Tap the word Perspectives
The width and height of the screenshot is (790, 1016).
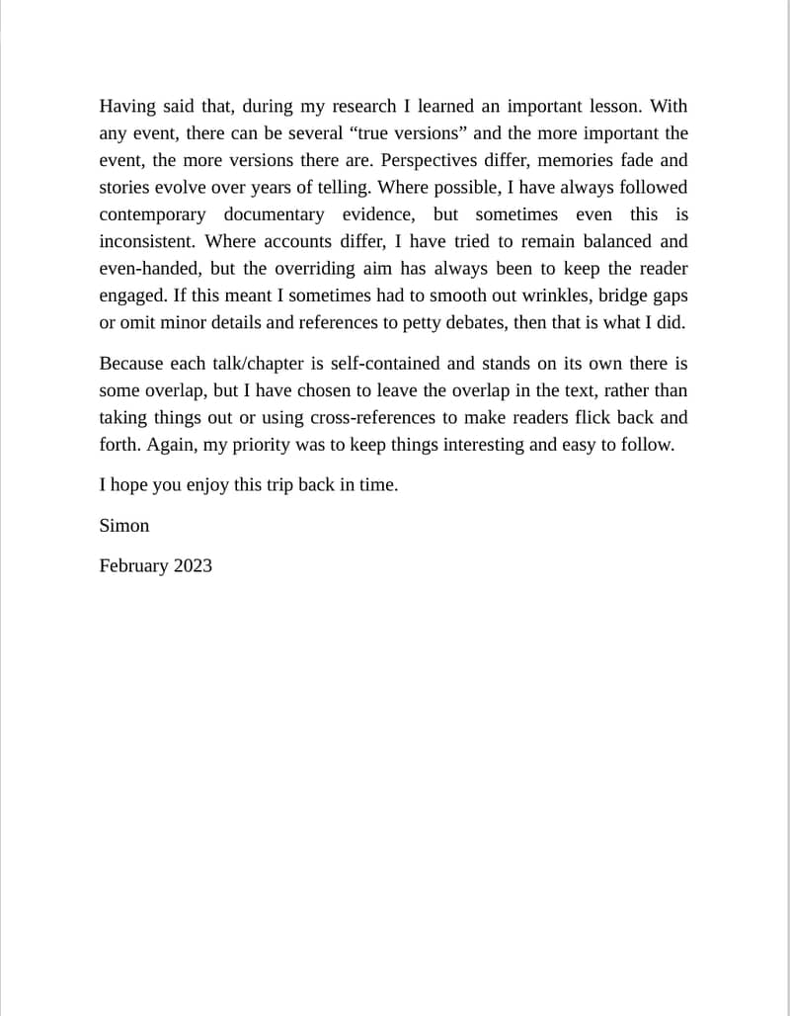(440, 160)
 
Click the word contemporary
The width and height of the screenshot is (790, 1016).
(153, 214)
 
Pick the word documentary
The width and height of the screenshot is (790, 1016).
(274, 214)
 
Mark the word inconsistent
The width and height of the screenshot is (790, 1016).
(147, 241)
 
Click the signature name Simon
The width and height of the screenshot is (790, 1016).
(124, 526)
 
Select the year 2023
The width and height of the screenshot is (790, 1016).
(193, 566)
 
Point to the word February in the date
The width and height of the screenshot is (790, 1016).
(133, 566)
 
